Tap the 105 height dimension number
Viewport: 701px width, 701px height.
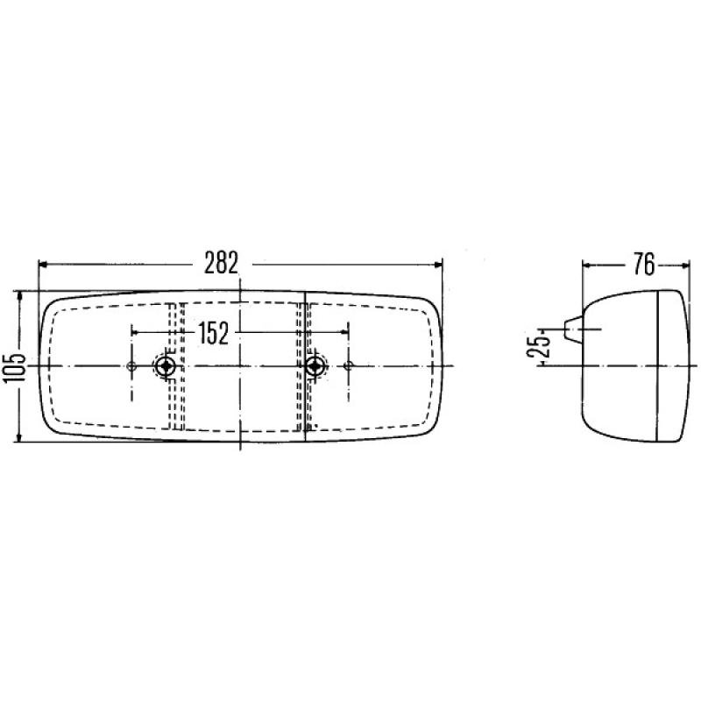click(x=12, y=365)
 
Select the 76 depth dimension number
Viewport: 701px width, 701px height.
click(x=641, y=264)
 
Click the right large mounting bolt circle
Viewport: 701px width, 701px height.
click(x=315, y=365)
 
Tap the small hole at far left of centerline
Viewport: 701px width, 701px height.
click(x=131, y=365)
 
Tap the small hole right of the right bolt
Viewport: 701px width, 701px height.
click(x=348, y=365)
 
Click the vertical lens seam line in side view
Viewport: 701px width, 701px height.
click(x=657, y=365)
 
